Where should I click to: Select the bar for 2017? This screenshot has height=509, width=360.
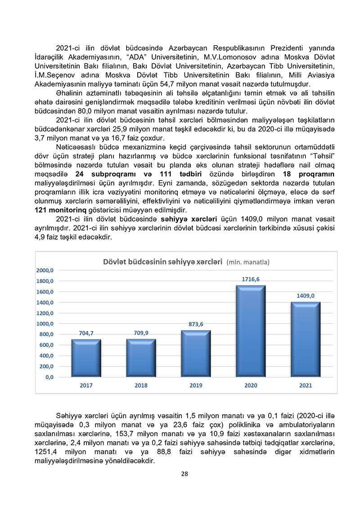86,358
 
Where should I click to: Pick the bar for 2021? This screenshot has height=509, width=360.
306,340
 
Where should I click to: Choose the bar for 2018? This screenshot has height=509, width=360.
141,358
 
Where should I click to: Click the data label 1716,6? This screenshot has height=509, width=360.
251,279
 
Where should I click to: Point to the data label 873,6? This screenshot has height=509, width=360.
196,324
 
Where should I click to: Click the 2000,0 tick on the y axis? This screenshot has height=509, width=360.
46,271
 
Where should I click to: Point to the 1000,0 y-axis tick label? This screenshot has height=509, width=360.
46,324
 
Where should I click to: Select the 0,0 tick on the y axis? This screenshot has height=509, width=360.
49,377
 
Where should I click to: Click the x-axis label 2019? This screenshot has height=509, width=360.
196,385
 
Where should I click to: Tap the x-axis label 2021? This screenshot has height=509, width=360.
306,385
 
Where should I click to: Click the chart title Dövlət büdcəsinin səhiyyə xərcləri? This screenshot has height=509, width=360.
163,261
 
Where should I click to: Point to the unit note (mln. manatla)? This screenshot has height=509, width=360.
248,262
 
